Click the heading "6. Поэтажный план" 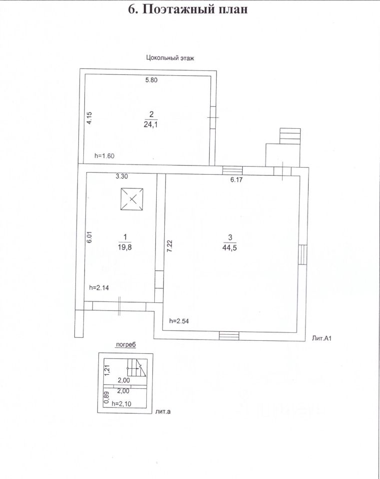[188, 9]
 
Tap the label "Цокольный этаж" [170, 58]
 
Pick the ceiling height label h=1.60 [105, 156]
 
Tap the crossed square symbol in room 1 [132, 199]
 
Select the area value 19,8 [124, 245]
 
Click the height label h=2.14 [98, 287]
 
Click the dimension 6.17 [236, 180]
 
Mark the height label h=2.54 [179, 321]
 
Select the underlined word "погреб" [126, 344]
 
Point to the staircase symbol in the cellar [136, 368]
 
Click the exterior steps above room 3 [290, 136]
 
